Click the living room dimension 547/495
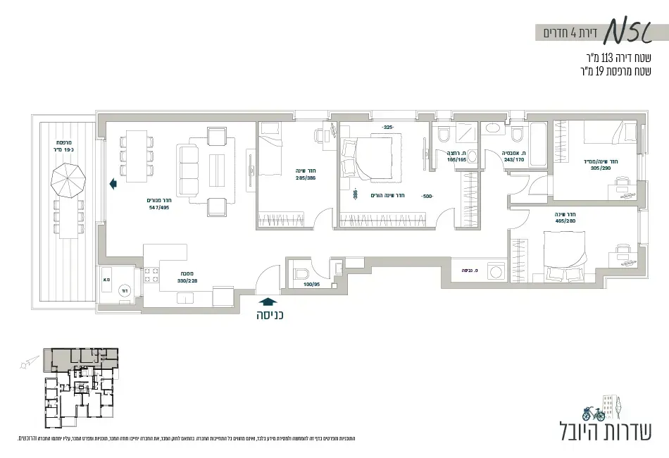pyautogui.click(x=159, y=208)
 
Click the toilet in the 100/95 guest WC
pyautogui.click(x=301, y=274)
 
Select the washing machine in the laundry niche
pyautogui.click(x=496, y=270)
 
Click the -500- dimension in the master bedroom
pyautogui.click(x=427, y=196)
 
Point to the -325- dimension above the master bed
pyautogui.click(x=387, y=128)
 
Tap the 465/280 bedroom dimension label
pyautogui.click(x=565, y=221)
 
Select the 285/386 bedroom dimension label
pyautogui.click(x=306, y=178)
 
